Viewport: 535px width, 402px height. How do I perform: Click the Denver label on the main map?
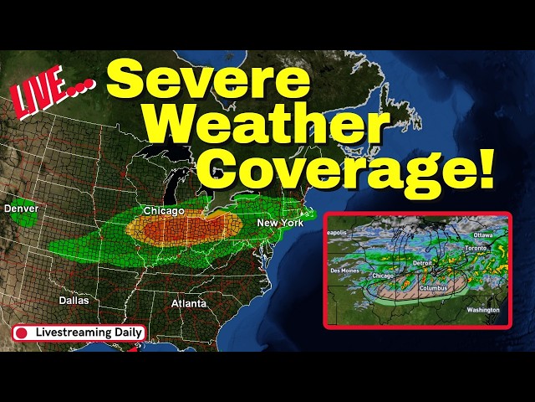[x=19, y=208]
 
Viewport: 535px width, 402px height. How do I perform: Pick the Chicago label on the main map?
[x=164, y=211]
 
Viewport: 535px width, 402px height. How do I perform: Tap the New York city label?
[x=279, y=223]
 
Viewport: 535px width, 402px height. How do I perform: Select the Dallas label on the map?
[x=74, y=299]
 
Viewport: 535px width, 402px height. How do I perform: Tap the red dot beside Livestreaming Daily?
[x=23, y=332]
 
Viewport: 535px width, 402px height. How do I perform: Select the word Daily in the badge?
[x=128, y=332]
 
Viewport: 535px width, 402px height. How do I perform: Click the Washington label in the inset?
[x=483, y=310]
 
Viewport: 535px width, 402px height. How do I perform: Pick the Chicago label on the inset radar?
[x=383, y=275]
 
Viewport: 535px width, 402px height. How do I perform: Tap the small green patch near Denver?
[x=27, y=219]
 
